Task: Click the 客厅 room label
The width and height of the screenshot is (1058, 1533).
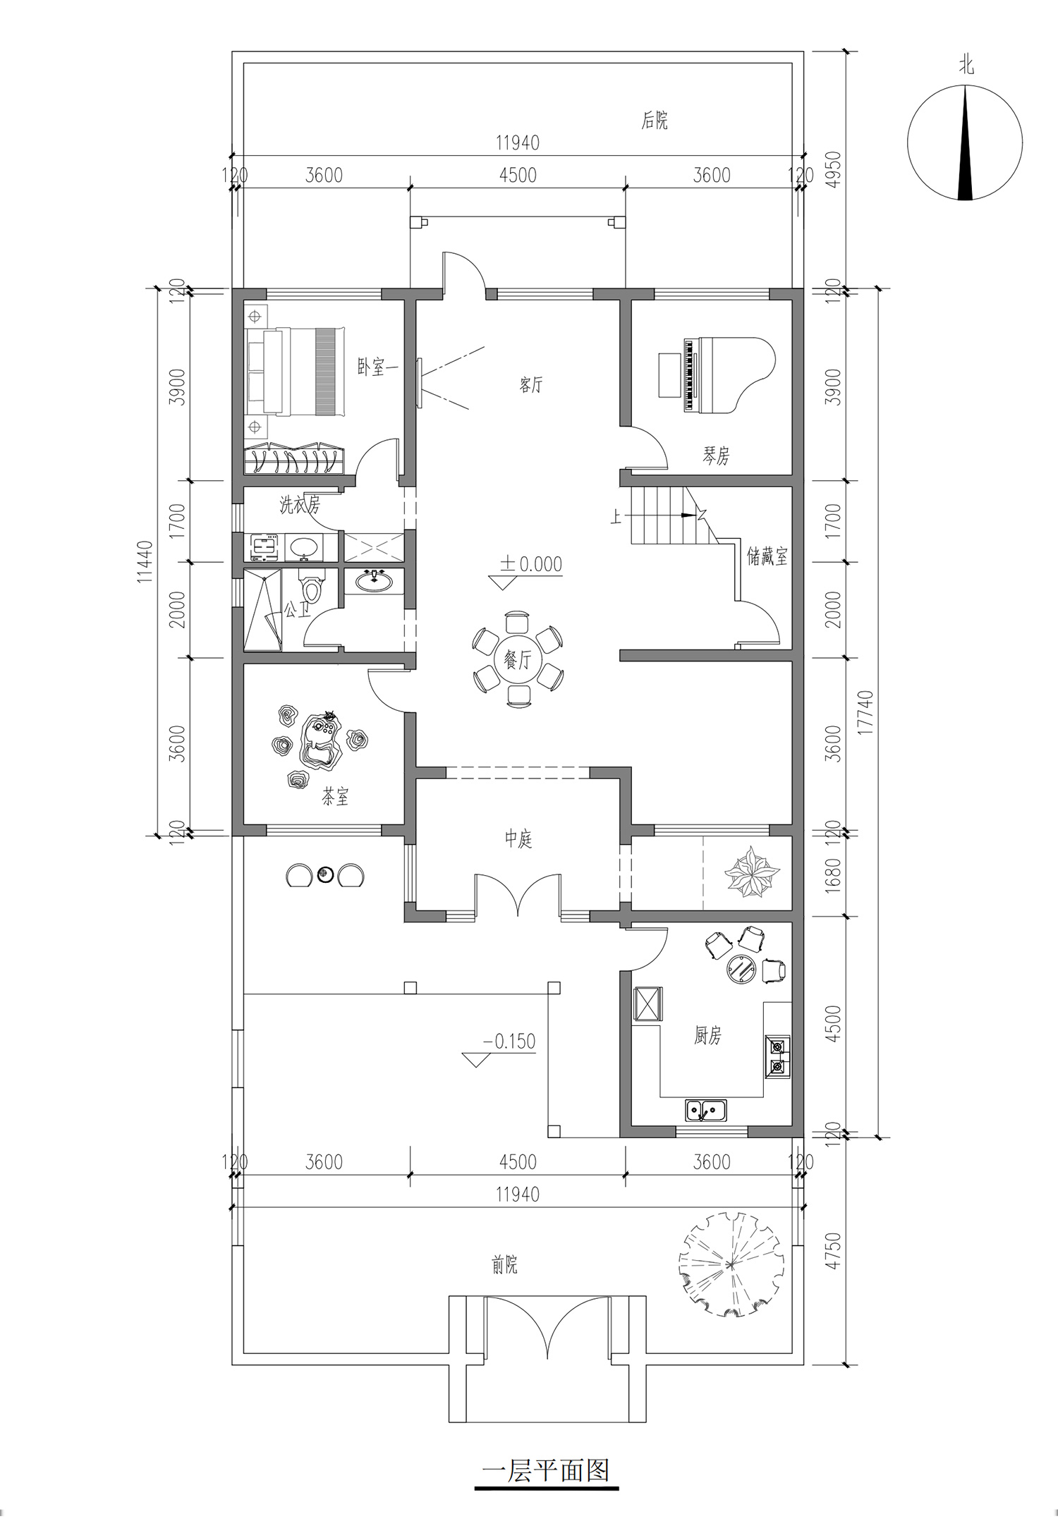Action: pos(531,385)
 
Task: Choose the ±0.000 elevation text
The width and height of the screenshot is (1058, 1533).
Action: pos(531,563)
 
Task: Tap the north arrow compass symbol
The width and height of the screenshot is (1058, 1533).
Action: pos(965,142)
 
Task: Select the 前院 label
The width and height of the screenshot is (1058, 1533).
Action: pos(504,1265)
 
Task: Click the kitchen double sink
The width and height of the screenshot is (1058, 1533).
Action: pos(706,1110)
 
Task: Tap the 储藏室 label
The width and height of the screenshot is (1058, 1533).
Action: pos(767,557)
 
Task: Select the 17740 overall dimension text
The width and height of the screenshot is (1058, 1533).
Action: pos(867,713)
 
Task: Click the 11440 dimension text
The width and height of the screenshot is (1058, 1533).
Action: pos(145,562)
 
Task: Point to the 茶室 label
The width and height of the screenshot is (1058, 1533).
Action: pos(335,797)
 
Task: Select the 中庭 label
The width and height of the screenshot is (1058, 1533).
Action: pos(518,839)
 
